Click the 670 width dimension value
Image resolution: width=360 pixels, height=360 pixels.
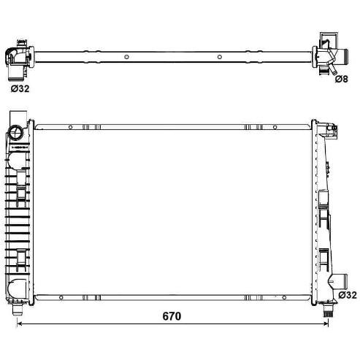coord(172,316)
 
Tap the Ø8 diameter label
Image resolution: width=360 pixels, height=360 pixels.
coord(342,79)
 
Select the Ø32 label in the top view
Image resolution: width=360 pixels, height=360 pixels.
coord(20,88)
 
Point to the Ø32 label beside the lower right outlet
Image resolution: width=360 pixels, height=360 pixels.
coord(348,295)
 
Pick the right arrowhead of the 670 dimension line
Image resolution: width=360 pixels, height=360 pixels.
coord(326,323)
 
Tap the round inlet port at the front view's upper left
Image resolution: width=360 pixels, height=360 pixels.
coord(15,132)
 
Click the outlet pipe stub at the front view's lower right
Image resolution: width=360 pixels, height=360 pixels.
coord(340,281)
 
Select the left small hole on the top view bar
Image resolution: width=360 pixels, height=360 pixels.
coord(126,57)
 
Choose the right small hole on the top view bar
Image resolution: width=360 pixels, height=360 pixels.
coord(220,57)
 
